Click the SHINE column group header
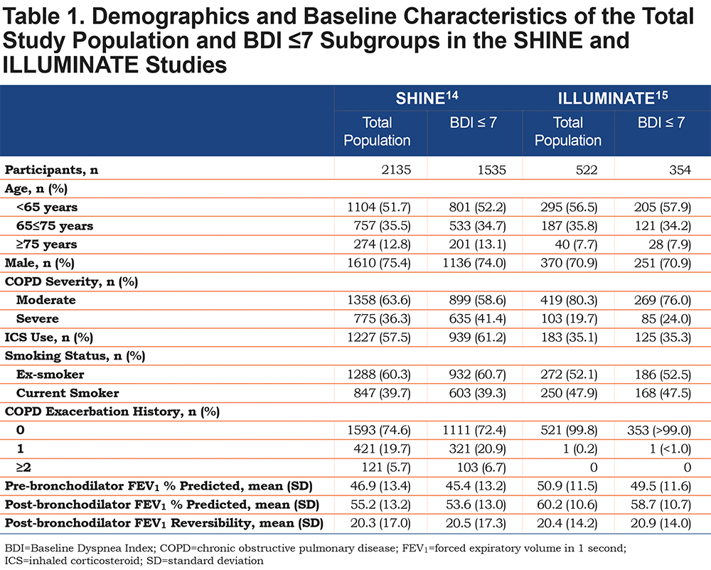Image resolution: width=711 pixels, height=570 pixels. [x=427, y=97]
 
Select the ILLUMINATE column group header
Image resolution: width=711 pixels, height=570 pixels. [x=613, y=97]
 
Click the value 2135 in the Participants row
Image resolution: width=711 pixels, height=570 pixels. [x=396, y=170]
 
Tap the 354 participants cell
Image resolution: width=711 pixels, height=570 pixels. [x=680, y=170]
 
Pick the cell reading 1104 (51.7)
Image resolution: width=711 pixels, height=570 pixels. [x=379, y=207]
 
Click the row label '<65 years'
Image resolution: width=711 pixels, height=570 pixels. [x=47, y=207]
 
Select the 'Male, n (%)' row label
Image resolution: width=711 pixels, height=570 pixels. [x=39, y=263]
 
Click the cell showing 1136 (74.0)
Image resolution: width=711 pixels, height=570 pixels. [x=474, y=263]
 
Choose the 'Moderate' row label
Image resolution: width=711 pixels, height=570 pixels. [x=46, y=300]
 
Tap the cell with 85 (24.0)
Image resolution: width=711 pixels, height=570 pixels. [x=666, y=318]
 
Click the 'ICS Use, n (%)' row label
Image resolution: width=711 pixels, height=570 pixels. [x=49, y=337]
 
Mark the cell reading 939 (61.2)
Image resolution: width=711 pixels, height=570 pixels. [x=478, y=337]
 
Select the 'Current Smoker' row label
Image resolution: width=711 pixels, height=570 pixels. [x=68, y=393]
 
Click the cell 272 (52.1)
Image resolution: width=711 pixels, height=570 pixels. [x=569, y=375]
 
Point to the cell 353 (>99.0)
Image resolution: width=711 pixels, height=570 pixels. [x=659, y=430]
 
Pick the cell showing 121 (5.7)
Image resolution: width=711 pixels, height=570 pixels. [x=386, y=467]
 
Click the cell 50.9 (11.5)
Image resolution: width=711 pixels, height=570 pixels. [x=567, y=485]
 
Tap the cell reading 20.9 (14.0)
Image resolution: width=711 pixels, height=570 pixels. [x=661, y=523]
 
